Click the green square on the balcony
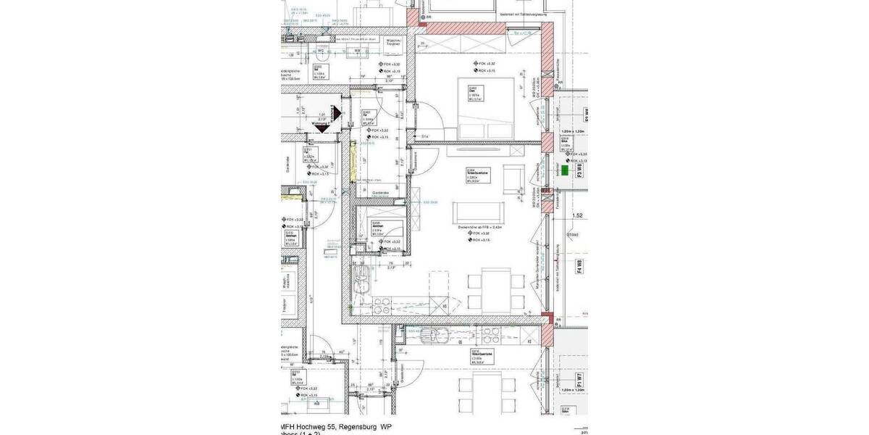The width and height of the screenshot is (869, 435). coord(564,170)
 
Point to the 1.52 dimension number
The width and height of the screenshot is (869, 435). coord(577,215)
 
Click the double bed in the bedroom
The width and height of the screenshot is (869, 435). coord(484,109)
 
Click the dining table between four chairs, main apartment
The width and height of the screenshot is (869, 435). coord(498,288)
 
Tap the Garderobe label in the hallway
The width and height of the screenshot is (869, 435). coord(381,192)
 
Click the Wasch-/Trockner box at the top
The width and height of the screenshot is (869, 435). coord(395,42)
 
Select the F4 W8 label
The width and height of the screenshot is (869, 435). coord(579,266)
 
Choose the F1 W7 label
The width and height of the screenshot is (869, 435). coord(579,380)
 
